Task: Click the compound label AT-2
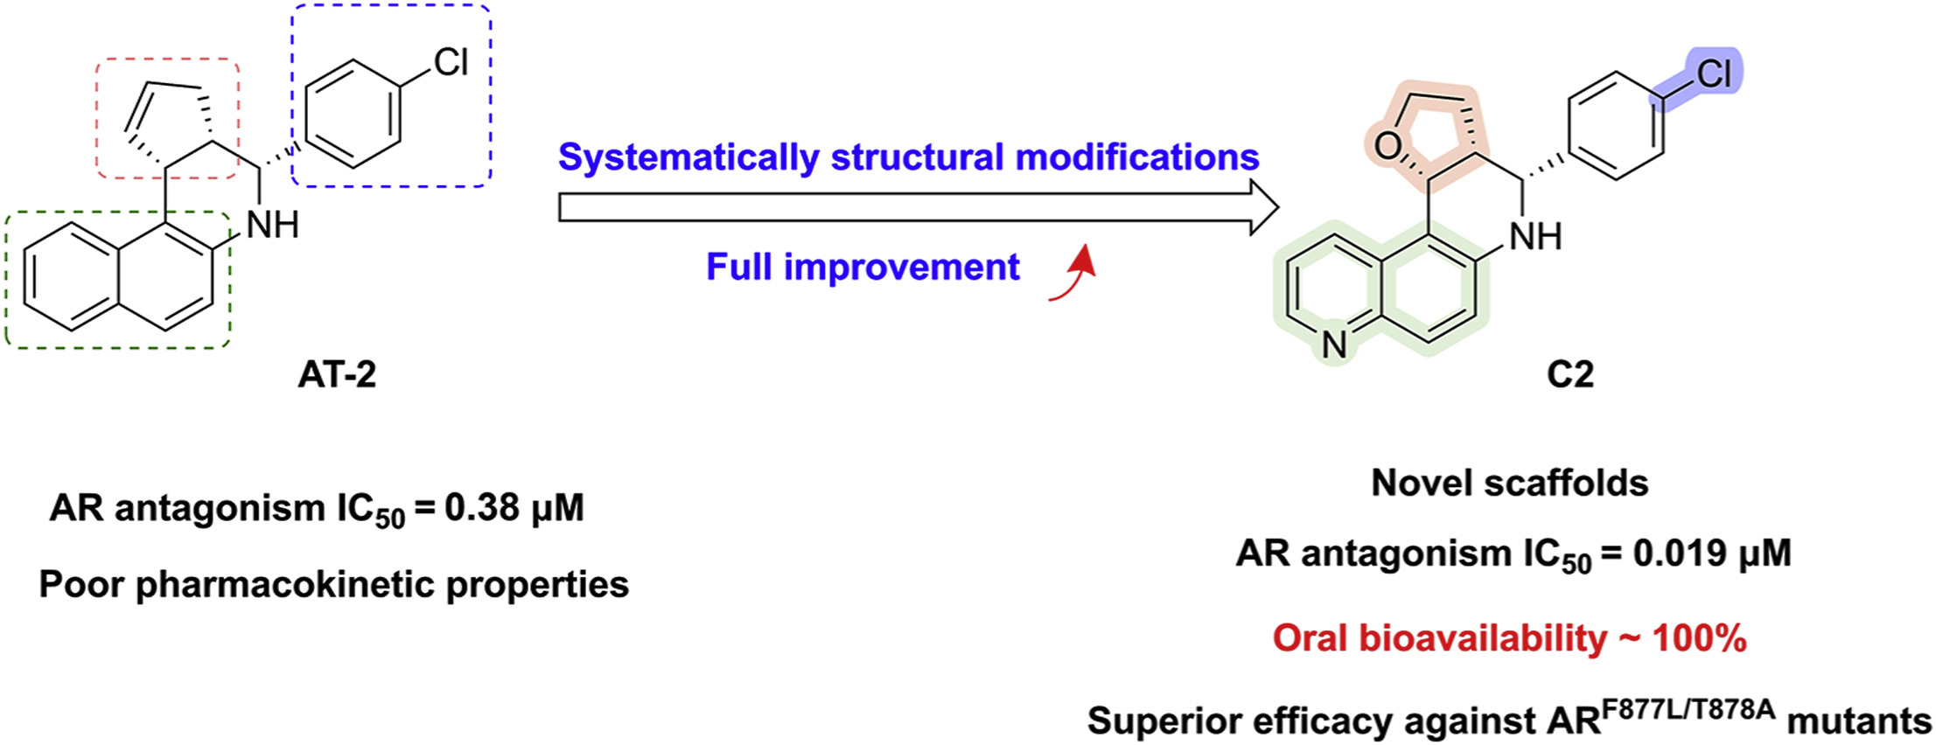pos(337,374)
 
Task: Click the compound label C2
pos(1569,374)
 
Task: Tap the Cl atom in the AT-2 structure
pos(451,62)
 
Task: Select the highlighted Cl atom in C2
pos(1713,73)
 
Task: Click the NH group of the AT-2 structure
pos(273,226)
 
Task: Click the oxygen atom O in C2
pos(1387,145)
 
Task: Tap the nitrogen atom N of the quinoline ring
pos(1334,345)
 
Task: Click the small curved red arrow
pos(1073,275)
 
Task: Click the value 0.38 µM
pos(514,508)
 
